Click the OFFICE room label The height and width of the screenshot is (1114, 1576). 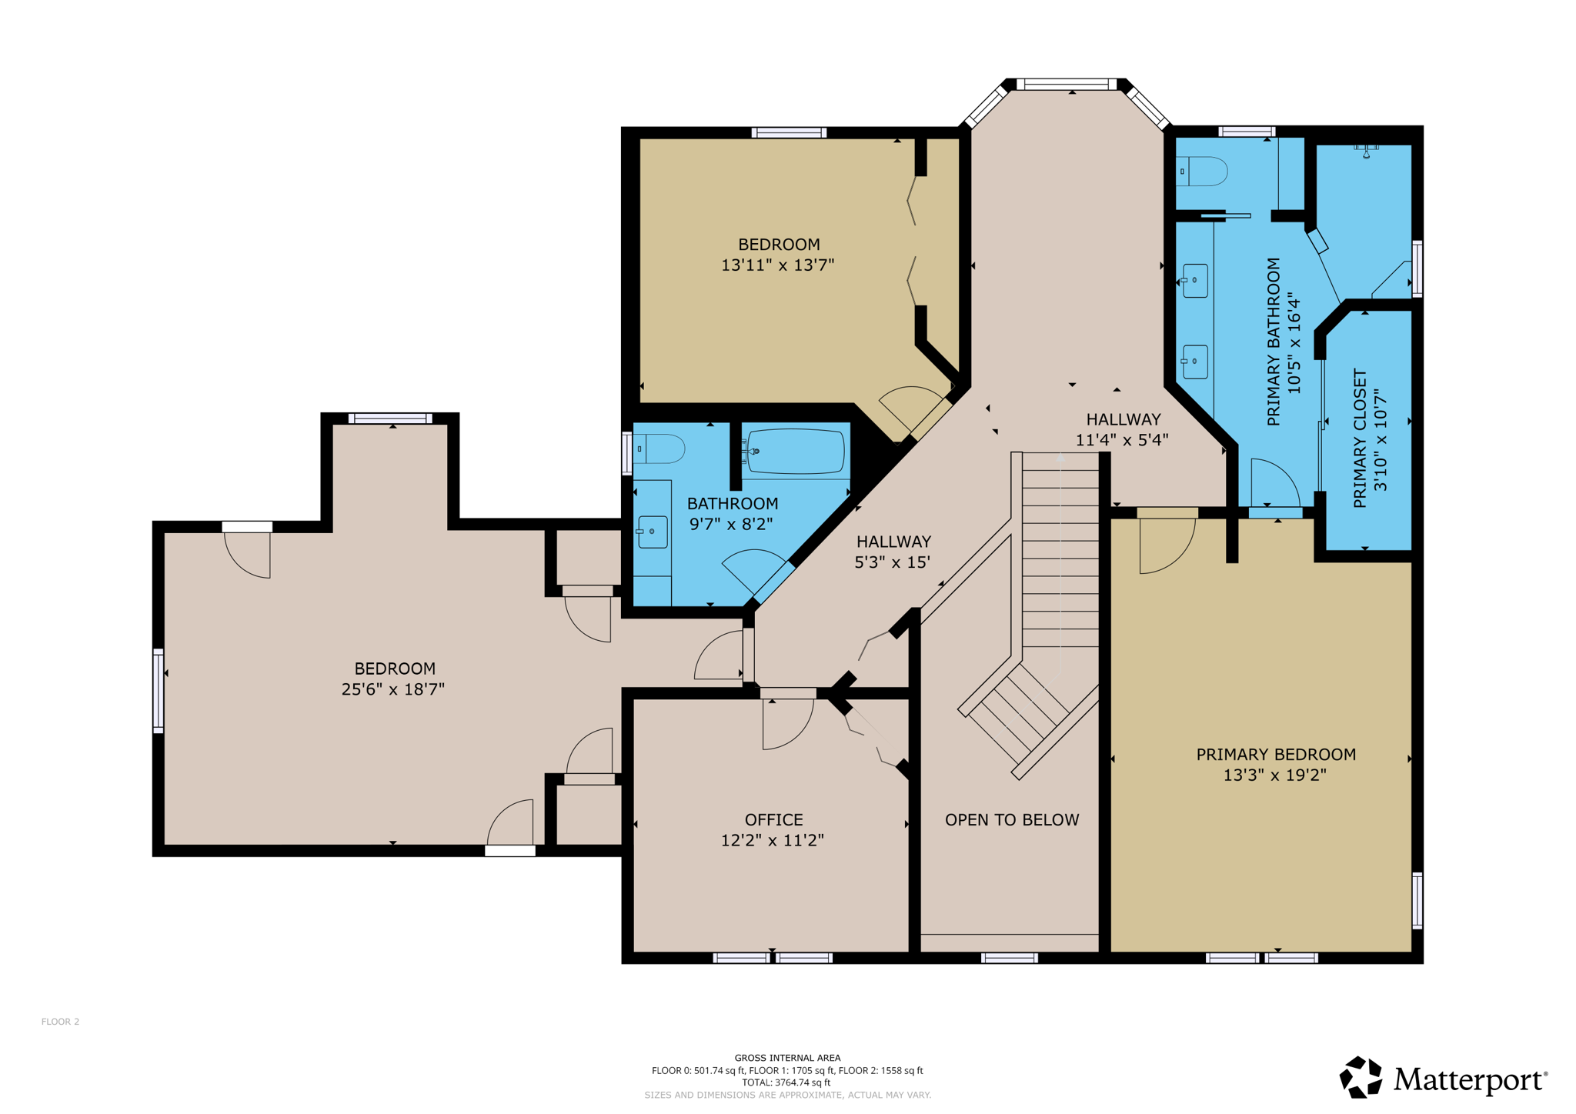(x=773, y=819)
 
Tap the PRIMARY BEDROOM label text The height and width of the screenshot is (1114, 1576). (x=1275, y=754)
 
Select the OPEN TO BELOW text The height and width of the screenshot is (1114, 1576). (x=1011, y=819)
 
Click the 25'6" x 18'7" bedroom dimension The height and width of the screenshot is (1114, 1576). (x=392, y=689)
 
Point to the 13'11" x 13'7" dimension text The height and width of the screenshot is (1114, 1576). (x=777, y=265)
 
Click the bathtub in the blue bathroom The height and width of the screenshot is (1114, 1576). (x=796, y=451)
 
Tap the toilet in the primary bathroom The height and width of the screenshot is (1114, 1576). (x=1204, y=171)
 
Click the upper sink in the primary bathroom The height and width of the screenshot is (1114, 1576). (x=1194, y=280)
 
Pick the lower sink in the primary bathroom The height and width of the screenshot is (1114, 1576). (x=1194, y=361)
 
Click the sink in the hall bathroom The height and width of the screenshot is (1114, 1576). (x=652, y=531)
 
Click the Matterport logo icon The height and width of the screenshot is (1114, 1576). (x=1361, y=1077)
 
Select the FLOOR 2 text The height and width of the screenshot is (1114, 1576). (x=60, y=1022)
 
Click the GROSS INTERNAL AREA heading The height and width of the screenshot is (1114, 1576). (x=787, y=1058)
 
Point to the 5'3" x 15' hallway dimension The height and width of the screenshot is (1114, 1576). (x=892, y=562)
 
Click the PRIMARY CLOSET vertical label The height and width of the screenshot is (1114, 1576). (x=1360, y=439)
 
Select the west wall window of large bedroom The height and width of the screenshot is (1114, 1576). (x=158, y=690)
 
